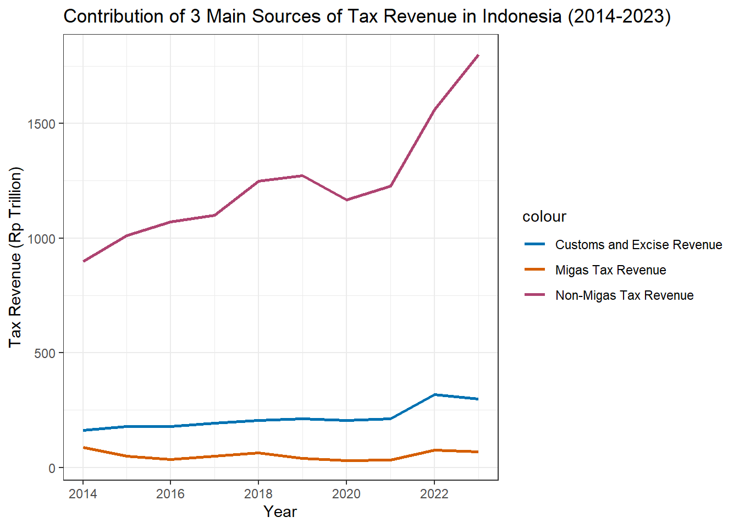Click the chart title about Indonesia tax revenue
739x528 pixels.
pyautogui.click(x=367, y=16)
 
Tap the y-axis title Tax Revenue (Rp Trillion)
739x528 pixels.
pyautogui.click(x=15, y=257)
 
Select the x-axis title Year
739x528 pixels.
pyautogui.click(x=280, y=512)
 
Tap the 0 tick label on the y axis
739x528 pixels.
pyautogui.click(x=53, y=468)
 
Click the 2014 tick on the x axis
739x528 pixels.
pyautogui.click(x=83, y=493)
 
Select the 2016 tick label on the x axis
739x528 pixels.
pyautogui.click(x=170, y=493)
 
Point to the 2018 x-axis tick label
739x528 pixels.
pyautogui.click(x=258, y=493)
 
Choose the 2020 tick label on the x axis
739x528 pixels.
pyautogui.click(x=346, y=493)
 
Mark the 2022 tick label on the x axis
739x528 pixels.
pyautogui.click(x=434, y=493)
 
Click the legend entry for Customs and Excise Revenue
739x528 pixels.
pyautogui.click(x=638, y=245)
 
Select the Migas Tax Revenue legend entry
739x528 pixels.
pyautogui.click(x=610, y=270)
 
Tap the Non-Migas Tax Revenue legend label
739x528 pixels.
pyautogui.click(x=624, y=295)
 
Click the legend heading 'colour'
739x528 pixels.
pyautogui.click(x=544, y=217)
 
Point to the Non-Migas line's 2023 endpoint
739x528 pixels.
pyautogui.click(x=478, y=56)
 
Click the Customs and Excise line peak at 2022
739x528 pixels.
pyautogui.click(x=434, y=395)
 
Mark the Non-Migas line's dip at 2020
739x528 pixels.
pyautogui.click(x=346, y=200)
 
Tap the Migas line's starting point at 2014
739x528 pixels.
pyautogui.click(x=84, y=448)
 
